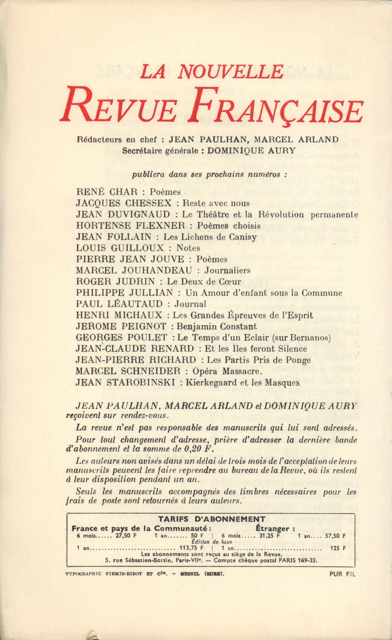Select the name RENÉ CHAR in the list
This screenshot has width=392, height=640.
[x=107, y=192]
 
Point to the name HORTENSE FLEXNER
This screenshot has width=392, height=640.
[x=130, y=226]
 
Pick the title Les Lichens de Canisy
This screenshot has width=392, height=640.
[x=210, y=237]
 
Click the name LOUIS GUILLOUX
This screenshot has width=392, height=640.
[x=120, y=248]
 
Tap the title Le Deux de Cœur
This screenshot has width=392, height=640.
[x=204, y=281]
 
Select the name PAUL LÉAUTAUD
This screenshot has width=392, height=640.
[x=119, y=304]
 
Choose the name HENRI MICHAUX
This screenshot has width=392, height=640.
[x=119, y=315]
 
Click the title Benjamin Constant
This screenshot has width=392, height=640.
[x=217, y=326]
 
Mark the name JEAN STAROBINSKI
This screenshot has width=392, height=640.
[x=125, y=382]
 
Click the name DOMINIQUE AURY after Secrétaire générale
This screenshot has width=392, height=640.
[x=251, y=150]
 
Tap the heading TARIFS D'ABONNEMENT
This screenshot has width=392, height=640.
[x=211, y=519]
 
